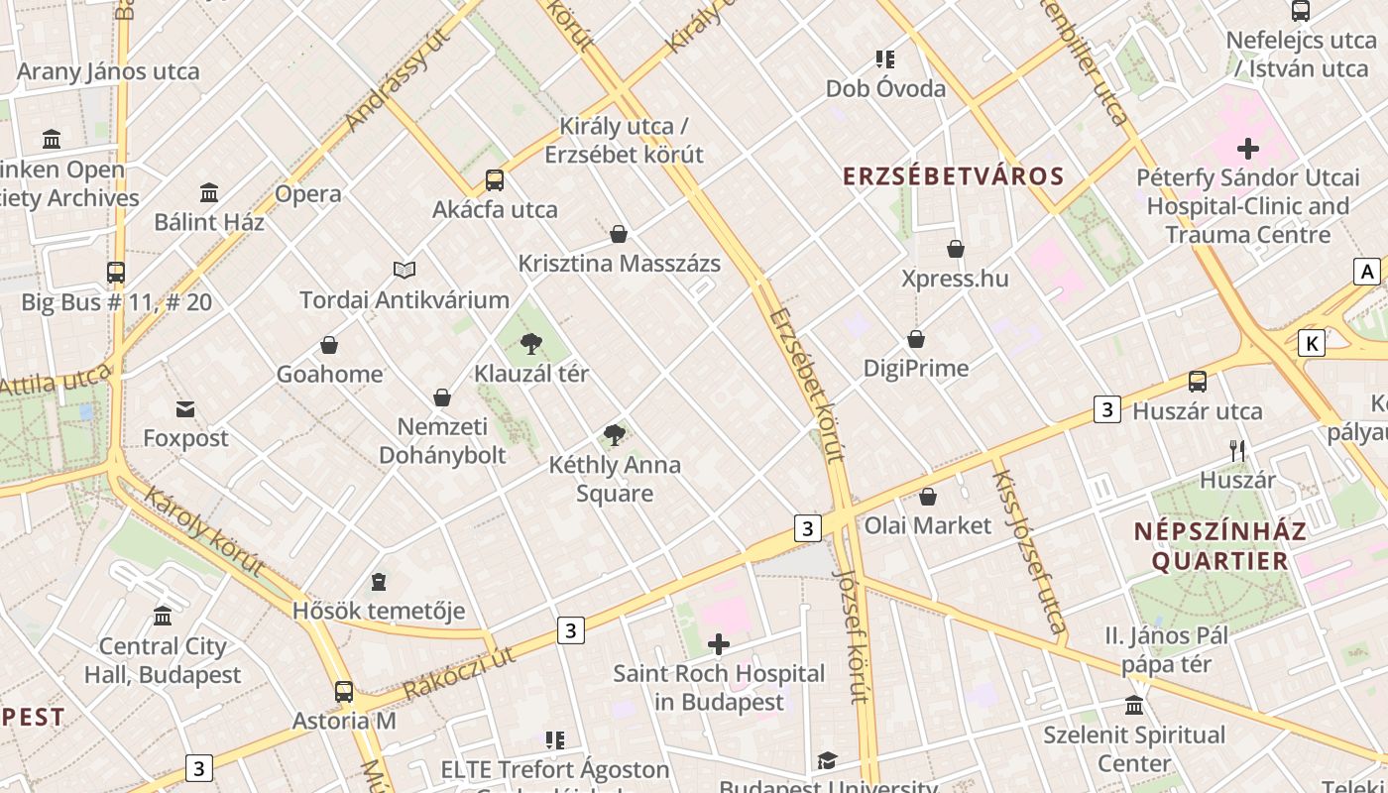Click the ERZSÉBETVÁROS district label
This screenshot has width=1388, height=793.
(953, 176)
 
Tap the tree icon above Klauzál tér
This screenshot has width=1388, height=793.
(531, 344)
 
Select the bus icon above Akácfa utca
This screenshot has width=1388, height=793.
(494, 180)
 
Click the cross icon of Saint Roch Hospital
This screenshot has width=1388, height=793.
(719, 645)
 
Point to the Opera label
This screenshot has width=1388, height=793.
(308, 193)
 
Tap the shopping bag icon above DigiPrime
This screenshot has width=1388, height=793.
(916, 339)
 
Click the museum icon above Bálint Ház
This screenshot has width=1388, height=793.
(209, 192)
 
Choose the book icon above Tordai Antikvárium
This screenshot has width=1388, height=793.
(405, 270)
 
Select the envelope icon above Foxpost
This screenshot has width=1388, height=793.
(185, 408)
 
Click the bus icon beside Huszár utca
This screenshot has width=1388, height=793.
(1198, 382)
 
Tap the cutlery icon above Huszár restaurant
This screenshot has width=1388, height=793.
(1236, 451)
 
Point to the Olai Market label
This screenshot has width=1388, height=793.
(928, 525)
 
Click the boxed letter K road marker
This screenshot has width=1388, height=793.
(1312, 344)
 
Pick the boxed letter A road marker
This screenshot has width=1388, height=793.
(1368, 272)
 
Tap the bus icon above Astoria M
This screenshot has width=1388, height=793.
(344, 692)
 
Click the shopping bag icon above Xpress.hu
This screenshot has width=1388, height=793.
(956, 249)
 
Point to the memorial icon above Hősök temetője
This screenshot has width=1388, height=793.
(378, 581)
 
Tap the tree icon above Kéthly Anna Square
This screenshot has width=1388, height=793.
(615, 434)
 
